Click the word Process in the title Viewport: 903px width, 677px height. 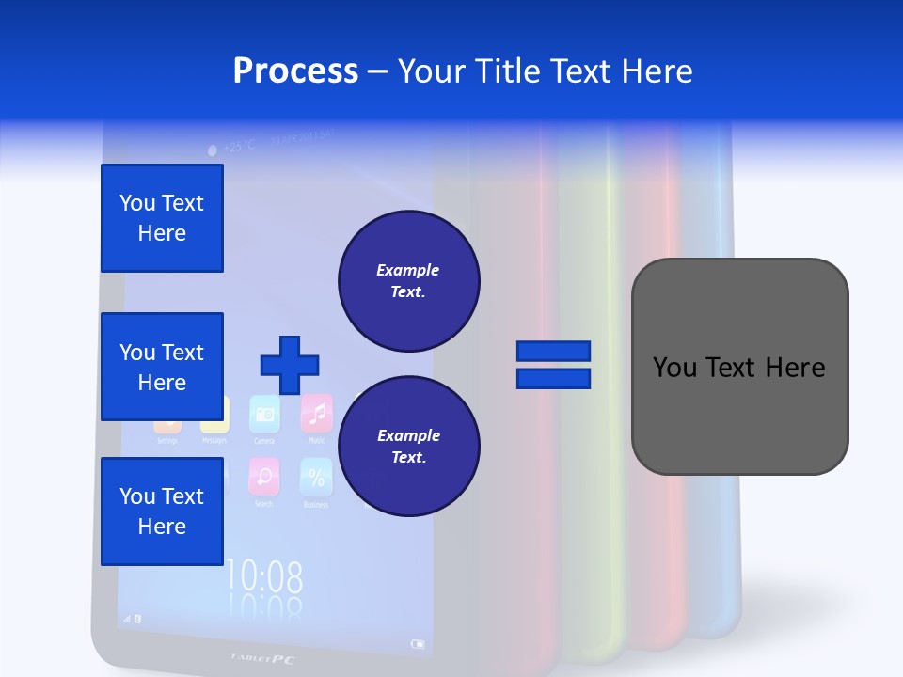[x=295, y=71]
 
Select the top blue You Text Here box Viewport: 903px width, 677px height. [x=162, y=218]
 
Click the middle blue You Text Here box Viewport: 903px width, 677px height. [x=162, y=367]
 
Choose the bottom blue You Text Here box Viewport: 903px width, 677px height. [x=162, y=511]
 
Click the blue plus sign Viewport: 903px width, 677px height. [x=290, y=365]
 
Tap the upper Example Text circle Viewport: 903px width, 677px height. [x=409, y=280]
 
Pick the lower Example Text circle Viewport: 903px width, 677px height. [x=409, y=446]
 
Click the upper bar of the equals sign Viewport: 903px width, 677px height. [x=553, y=351]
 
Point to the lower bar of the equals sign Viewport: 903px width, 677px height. [x=553, y=379]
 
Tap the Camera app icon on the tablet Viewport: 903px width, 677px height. [x=265, y=415]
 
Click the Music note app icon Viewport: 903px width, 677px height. [x=317, y=413]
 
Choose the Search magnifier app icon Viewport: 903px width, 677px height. [x=263, y=477]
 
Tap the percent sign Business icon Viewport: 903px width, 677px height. [x=316, y=477]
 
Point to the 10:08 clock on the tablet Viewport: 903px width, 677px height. [x=265, y=575]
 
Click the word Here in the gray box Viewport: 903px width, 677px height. [x=795, y=367]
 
